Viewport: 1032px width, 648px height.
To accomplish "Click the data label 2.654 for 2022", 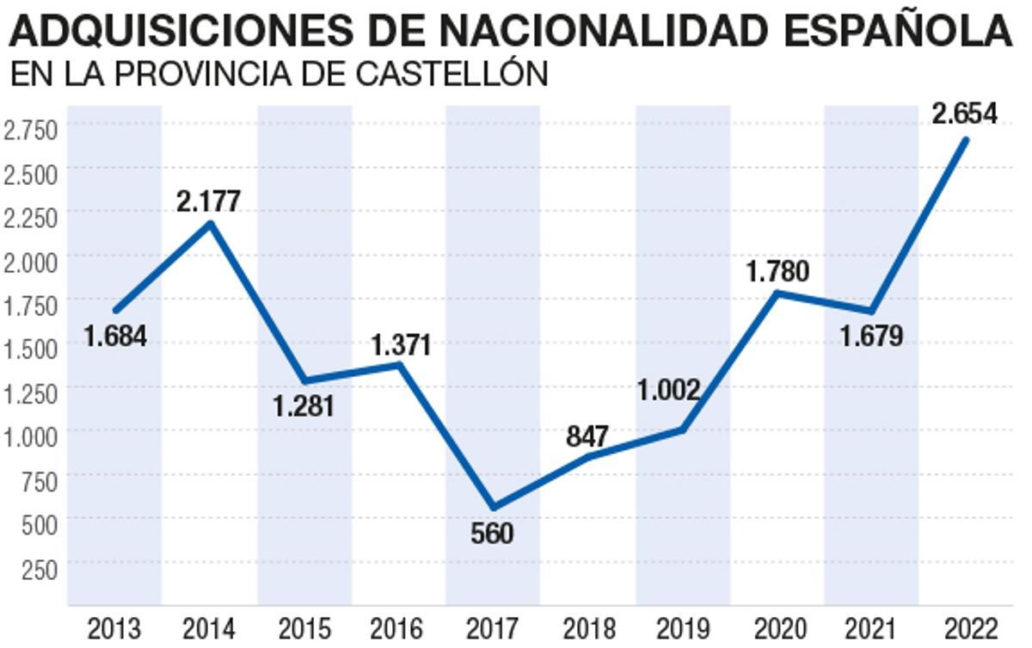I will click(964, 114).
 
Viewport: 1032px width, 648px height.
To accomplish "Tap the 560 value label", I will click(492, 534).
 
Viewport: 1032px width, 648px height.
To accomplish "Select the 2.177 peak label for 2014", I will click(208, 201).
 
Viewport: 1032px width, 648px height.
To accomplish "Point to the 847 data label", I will click(587, 436).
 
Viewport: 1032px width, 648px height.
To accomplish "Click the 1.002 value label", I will click(669, 390).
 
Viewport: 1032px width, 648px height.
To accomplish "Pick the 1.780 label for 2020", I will click(777, 272).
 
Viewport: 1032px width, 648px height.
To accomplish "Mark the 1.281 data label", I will click(304, 405).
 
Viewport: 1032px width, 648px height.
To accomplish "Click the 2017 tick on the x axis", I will click(492, 629).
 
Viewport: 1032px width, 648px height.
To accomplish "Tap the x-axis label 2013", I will click(114, 629).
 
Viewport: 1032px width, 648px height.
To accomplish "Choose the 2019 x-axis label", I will click(682, 629).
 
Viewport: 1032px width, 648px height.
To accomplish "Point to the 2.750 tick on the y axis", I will click(30, 129).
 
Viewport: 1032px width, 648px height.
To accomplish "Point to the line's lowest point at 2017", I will click(492, 507).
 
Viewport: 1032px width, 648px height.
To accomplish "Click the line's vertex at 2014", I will click(210, 224).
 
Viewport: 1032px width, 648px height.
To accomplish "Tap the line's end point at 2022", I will click(966, 139).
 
